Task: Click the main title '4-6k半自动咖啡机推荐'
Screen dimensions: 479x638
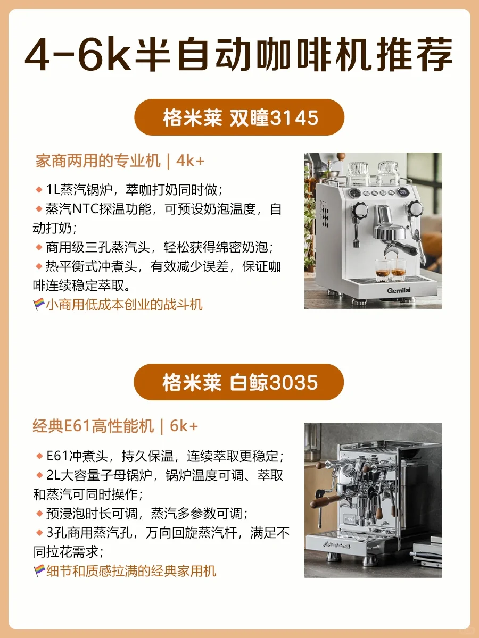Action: [x=238, y=55]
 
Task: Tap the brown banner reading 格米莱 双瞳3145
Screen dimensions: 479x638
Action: [x=239, y=117]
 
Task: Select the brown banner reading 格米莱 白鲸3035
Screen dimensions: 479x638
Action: [x=239, y=382]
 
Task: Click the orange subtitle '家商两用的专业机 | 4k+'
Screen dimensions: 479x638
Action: [x=120, y=161]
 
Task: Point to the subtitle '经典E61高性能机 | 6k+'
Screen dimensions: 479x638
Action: [x=115, y=426]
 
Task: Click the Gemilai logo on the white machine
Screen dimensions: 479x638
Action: [x=399, y=290]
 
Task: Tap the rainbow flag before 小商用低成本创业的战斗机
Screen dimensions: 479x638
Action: [x=39, y=304]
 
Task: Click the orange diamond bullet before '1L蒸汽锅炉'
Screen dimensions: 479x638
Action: [x=39, y=190]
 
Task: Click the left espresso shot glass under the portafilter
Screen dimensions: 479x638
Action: [x=383, y=270]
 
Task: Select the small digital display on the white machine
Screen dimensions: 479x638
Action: [x=403, y=192]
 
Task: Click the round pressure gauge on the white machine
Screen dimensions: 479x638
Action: [x=354, y=193]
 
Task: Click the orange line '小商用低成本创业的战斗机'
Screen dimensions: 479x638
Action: [x=124, y=305]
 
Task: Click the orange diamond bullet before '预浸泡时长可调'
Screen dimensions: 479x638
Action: [x=39, y=514]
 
